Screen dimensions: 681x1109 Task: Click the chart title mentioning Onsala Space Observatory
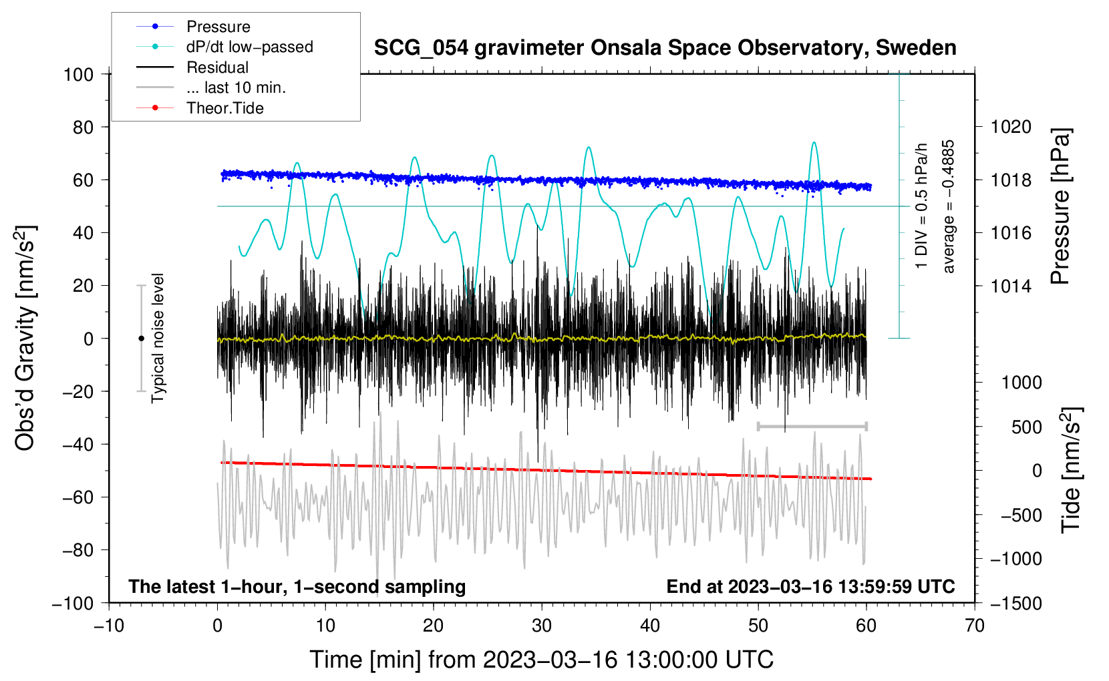click(x=665, y=48)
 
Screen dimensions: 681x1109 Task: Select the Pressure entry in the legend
click(x=218, y=27)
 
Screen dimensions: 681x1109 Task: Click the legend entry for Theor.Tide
click(x=224, y=108)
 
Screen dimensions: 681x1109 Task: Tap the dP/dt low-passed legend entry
click(x=249, y=47)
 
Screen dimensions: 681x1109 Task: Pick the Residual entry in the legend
click(x=217, y=67)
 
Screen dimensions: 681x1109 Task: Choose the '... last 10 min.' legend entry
click(x=236, y=87)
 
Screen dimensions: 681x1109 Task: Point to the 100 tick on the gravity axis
click(x=79, y=74)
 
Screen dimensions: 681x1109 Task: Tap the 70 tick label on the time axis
click(x=975, y=626)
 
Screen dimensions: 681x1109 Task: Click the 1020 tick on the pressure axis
click(x=1011, y=127)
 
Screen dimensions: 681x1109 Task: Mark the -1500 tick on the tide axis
click(x=1015, y=603)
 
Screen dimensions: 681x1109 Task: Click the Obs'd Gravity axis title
click(x=25, y=338)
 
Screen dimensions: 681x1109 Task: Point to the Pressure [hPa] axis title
click(x=1060, y=206)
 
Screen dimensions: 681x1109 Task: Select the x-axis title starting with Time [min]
click(x=541, y=660)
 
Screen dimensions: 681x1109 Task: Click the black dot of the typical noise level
click(x=141, y=338)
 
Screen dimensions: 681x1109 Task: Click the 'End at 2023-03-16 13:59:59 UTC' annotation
click(x=810, y=586)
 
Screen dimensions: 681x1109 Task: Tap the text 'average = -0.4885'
click(x=949, y=206)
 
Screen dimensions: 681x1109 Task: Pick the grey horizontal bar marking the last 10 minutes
click(x=812, y=426)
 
